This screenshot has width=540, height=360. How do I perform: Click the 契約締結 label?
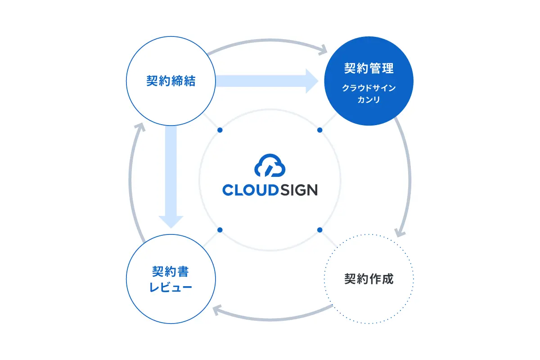[171, 81]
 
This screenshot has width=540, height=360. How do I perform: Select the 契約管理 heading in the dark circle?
[369, 69]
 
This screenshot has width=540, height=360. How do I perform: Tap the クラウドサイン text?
[369, 88]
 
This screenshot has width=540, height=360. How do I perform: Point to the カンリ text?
[369, 100]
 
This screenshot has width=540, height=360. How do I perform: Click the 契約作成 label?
[369, 279]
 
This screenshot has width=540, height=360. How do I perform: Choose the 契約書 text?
[171, 272]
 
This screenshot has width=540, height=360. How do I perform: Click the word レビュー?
[171, 287]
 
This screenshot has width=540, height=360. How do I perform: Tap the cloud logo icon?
[270, 166]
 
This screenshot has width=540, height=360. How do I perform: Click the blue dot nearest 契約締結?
[220, 130]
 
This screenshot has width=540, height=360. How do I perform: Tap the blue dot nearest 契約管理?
[320, 130]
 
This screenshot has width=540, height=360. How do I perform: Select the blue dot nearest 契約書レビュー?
[220, 230]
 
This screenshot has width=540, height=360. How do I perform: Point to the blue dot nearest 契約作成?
[320, 230]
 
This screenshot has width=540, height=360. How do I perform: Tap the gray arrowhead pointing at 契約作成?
[400, 232]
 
